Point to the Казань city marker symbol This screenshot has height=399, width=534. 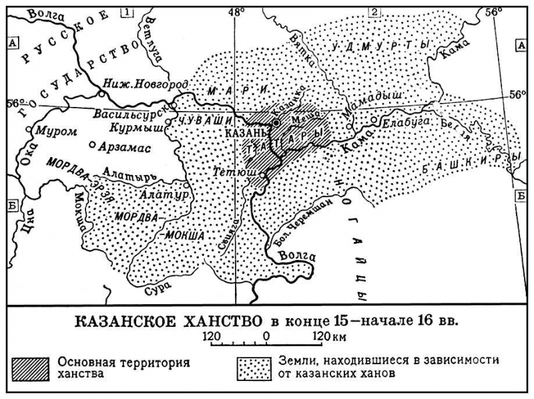[x=276, y=123]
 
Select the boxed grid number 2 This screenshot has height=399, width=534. [x=374, y=11]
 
